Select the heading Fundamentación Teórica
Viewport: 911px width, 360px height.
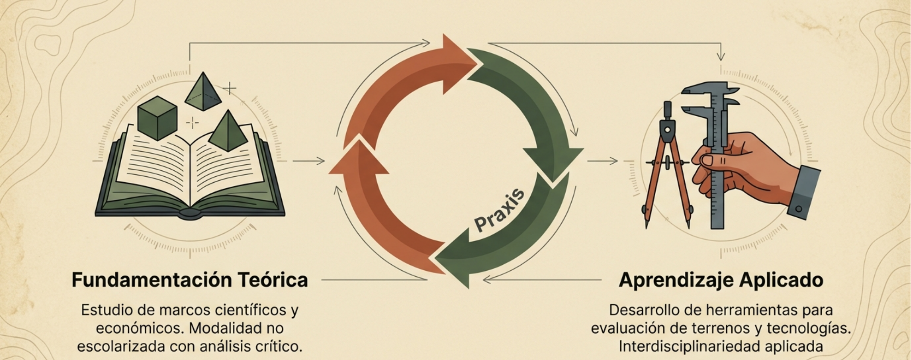point(190,280)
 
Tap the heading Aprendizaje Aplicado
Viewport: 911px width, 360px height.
point(721,280)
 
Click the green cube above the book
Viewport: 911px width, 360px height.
point(157,117)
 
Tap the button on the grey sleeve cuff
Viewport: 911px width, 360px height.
point(799,209)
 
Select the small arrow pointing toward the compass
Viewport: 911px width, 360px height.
point(602,161)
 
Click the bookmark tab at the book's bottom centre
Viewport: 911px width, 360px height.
point(190,214)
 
